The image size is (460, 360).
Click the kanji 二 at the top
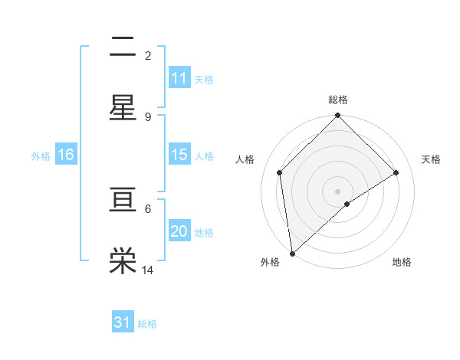(x=123, y=47)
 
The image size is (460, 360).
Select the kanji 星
(x=123, y=108)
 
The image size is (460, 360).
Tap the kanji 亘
(x=123, y=200)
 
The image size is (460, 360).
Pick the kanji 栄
(x=123, y=260)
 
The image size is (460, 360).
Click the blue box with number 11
(x=179, y=78)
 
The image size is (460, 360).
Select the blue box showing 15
(x=179, y=155)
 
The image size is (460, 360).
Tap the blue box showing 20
(x=179, y=231)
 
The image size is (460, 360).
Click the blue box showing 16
(x=66, y=155)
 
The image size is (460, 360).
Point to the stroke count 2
(x=148, y=55)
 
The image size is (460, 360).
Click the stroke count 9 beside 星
(x=148, y=116)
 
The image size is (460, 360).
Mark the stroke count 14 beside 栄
(x=148, y=270)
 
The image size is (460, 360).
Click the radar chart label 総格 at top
(x=337, y=100)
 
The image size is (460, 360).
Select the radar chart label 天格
(x=431, y=159)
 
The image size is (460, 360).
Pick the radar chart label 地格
(x=402, y=262)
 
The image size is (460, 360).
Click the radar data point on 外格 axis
(x=292, y=254)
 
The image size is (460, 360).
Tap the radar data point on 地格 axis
(x=347, y=204)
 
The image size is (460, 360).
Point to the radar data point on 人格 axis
(x=280, y=172)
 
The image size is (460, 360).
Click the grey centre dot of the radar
(x=337, y=191)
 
